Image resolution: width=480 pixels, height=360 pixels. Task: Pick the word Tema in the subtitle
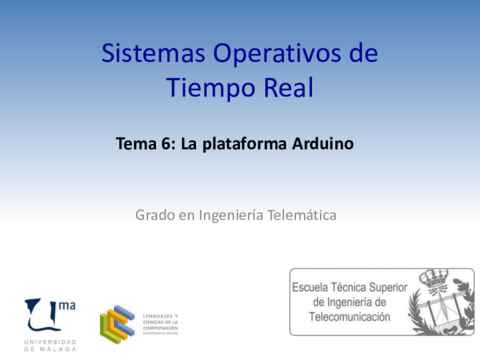pos(137,144)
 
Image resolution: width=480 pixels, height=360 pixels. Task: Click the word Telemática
pos(299,214)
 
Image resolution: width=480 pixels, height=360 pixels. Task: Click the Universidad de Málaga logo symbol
pos(43,317)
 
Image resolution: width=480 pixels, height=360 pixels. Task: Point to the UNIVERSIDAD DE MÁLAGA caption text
pos(49,345)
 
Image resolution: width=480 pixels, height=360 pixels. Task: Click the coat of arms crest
pos(441,300)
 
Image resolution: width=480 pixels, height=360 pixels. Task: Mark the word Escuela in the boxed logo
pos(313,286)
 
